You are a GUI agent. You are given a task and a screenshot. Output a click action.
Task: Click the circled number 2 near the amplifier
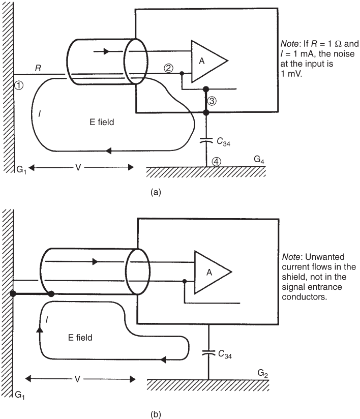tap(168, 68)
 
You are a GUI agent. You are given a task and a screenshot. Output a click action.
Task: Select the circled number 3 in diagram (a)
tap(213, 101)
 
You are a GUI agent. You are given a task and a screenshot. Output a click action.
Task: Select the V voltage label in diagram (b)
tap(80, 378)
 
